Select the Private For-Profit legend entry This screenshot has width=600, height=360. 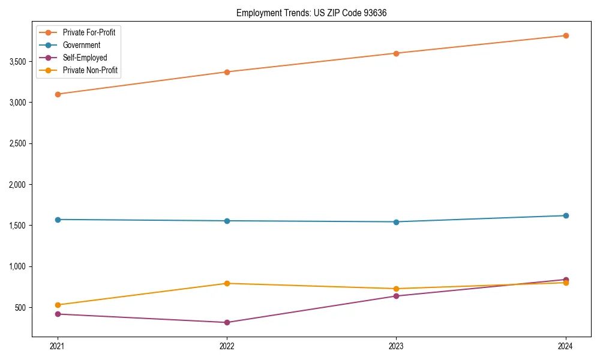pos(89,32)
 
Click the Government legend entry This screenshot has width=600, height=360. pos(82,45)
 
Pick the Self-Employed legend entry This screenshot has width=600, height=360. pos(85,58)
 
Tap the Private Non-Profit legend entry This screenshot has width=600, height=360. pos(90,70)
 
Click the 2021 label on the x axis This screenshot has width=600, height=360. pos(58,346)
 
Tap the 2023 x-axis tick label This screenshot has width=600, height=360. pos(396,346)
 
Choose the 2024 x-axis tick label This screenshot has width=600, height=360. pos(565,346)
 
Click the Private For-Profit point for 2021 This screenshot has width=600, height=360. pos(58,94)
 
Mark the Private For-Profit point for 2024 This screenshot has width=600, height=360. pos(565,35)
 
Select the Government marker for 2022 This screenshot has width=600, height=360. pos(227,221)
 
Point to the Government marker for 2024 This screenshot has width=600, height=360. pos(565,215)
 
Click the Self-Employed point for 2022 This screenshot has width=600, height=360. pos(227,322)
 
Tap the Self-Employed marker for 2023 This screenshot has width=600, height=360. pos(396,296)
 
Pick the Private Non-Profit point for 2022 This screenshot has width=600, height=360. pos(227,283)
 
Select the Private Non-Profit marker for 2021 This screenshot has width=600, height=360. pos(58,305)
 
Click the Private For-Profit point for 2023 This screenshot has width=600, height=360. pos(396,53)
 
